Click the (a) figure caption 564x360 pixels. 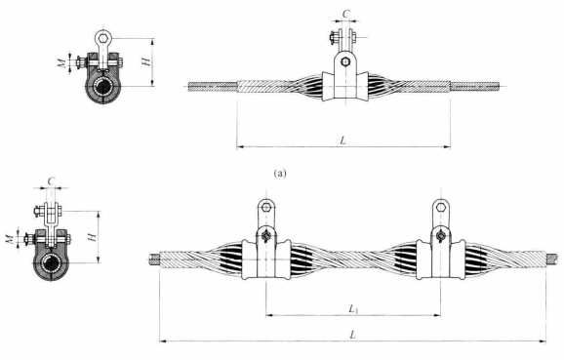[x=280, y=174]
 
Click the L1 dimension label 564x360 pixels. [x=353, y=308]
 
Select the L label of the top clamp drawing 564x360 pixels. [x=343, y=140]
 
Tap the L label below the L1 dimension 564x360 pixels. [x=353, y=335]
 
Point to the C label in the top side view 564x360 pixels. [x=345, y=14]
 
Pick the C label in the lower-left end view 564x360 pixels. [x=51, y=180]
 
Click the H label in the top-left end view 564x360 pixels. [x=146, y=61]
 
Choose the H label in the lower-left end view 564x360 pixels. [x=92, y=237]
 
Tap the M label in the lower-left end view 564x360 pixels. [x=10, y=238]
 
